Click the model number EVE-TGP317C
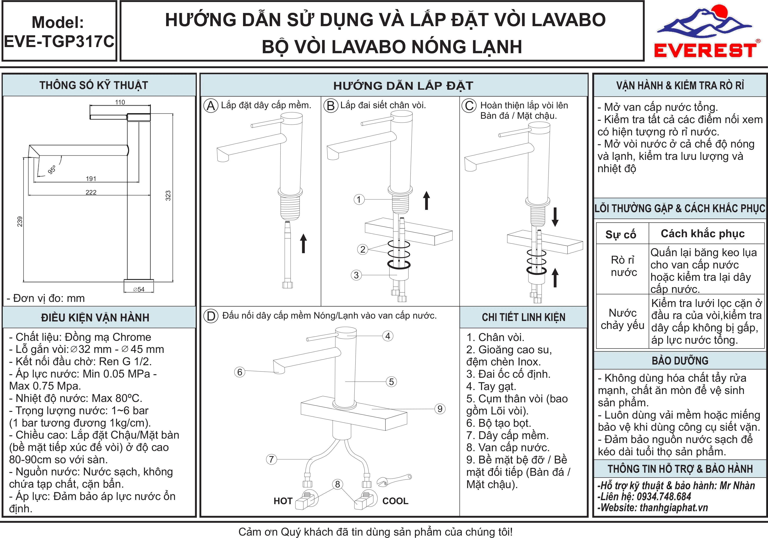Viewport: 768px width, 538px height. coord(59,42)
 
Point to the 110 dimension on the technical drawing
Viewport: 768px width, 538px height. coord(120,102)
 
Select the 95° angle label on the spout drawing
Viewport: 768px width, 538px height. coord(52,170)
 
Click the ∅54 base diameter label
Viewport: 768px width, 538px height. coord(139,289)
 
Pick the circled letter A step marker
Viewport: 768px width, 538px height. coord(211,106)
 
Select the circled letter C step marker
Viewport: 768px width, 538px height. coord(469,106)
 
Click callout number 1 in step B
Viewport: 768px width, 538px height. coord(359,199)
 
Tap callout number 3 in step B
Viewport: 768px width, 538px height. coord(356,275)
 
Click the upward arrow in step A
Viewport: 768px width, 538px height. coord(303,243)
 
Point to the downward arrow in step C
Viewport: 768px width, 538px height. coord(555,217)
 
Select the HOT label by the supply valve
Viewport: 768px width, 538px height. coord(283,501)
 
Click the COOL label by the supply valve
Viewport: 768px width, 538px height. coord(395,501)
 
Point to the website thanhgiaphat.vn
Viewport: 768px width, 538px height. coord(674,508)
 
